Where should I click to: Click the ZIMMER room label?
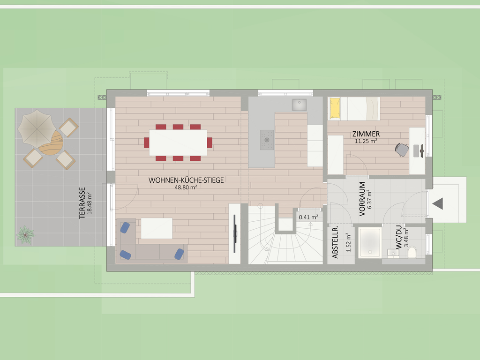pyautogui.click(x=366, y=134)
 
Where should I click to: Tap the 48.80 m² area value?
pyautogui.click(x=186, y=187)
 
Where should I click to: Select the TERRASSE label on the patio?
pyautogui.click(x=82, y=203)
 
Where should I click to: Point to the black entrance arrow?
pyautogui.click(x=438, y=203)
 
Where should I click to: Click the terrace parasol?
pyautogui.click(x=37, y=129)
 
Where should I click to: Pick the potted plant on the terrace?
pyautogui.click(x=25, y=235)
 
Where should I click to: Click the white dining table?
pyautogui.click(x=178, y=142)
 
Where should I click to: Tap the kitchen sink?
pyautogui.click(x=299, y=105)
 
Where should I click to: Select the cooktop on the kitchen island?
pyautogui.click(x=267, y=140)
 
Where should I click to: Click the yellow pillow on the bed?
pyautogui.click(x=335, y=108)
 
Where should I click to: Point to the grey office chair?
pyautogui.click(x=402, y=150)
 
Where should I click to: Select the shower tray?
pyautogui.click(x=370, y=242)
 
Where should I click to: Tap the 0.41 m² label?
pyautogui.click(x=308, y=217)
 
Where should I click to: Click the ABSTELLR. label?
pyautogui.click(x=335, y=242)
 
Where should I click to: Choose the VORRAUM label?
pyautogui.click(x=362, y=199)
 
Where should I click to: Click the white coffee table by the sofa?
pyautogui.click(x=157, y=228)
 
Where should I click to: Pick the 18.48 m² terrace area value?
pyautogui.click(x=90, y=203)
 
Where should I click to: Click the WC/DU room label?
pyautogui.click(x=398, y=237)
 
